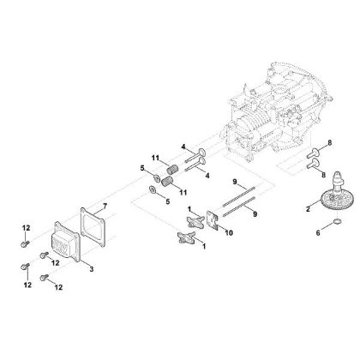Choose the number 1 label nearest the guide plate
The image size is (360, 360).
[189, 209]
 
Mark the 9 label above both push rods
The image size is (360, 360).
[234, 181]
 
